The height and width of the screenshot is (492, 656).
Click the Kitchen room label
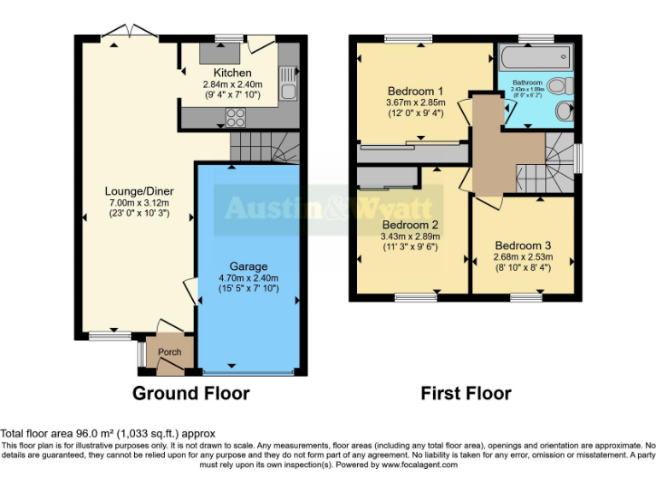[232, 73]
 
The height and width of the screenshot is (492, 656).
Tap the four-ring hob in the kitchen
[234, 117]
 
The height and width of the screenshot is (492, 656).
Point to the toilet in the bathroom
[559, 85]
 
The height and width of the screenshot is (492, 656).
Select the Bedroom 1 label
[415, 91]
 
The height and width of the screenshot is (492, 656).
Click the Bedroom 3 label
[523, 243]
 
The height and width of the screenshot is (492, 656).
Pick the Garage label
[248, 266]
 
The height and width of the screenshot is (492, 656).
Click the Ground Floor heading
[190, 394]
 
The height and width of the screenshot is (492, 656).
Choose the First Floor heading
[466, 394]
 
